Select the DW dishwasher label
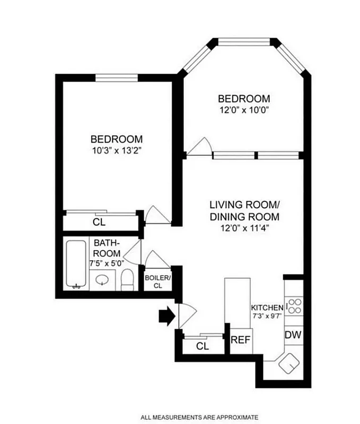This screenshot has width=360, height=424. tap(293, 335)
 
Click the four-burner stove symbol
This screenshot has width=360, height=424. tap(294, 306)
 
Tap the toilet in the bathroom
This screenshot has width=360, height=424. tap(127, 279)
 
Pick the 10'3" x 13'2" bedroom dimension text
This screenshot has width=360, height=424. tap(117, 151)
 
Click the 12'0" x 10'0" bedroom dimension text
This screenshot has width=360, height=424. tap(244, 110)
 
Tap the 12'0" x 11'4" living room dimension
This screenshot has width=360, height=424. tap(244, 229)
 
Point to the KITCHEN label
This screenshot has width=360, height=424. tap(267, 308)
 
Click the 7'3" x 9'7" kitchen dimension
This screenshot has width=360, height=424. tap(267, 316)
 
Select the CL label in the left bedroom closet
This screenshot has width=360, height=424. tap(99, 222)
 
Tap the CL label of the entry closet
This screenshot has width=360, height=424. tap(203, 346)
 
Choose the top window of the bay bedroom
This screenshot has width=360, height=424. tap(244, 41)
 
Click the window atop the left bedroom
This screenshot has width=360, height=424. tap(116, 77)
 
